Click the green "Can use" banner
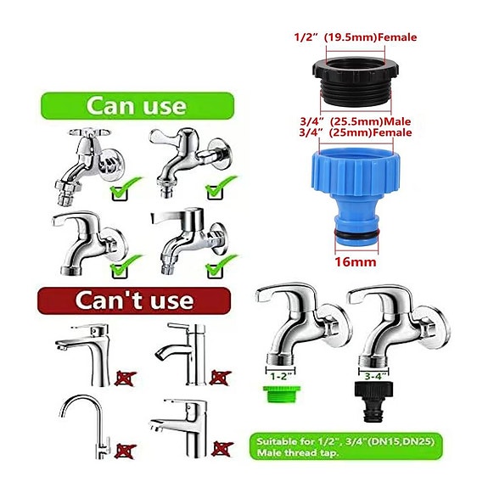[x=134, y=106]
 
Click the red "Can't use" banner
[x=133, y=300]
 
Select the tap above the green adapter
[x=293, y=327]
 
